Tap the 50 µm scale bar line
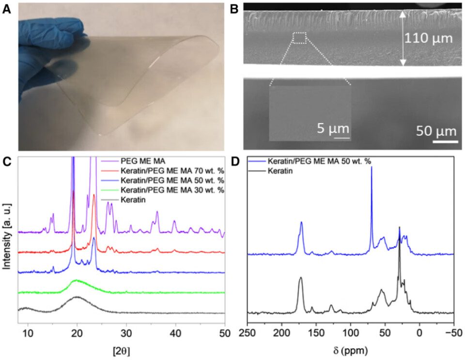pos(445,142)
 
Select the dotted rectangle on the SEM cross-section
pos(300,38)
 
